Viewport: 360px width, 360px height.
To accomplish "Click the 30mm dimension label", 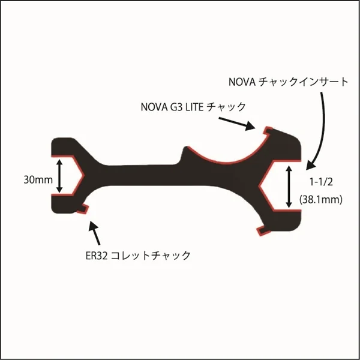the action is pos(38,180).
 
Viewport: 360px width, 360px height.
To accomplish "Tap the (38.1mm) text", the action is pos(321,200).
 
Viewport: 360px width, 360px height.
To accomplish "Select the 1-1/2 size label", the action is pos(321,182).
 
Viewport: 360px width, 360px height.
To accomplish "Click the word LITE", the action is pos(194,107).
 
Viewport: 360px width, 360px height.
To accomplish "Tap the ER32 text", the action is pos(97,256).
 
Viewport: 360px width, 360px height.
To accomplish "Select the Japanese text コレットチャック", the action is pos(151,256).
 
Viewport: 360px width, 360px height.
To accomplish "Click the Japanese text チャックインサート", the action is pos(304,82).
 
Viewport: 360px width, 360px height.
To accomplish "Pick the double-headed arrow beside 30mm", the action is pos(59,176).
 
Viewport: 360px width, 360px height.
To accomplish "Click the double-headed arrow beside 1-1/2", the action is pos(289,187).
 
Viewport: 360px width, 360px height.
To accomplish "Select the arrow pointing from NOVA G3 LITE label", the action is pos(237,124).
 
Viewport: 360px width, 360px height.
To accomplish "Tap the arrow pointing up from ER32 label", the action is pos(95,233).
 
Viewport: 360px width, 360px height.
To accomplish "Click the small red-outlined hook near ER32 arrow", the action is pos(83,209).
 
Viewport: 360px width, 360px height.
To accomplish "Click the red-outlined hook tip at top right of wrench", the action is pos(268,131).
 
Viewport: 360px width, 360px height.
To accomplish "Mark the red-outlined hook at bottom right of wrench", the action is pos(263,230).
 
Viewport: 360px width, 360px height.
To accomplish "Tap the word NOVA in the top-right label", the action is pos(242,82).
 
